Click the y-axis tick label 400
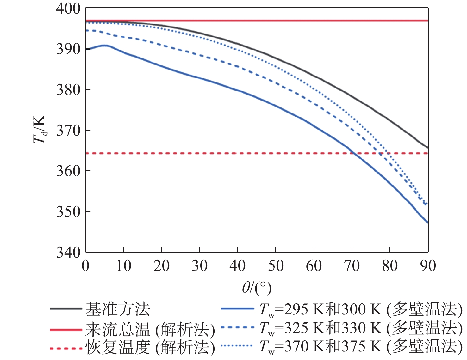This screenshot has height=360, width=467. click(x=68, y=9)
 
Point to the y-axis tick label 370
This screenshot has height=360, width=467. click(x=68, y=130)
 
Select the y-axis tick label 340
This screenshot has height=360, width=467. click(x=68, y=252)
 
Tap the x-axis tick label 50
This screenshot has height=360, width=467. click(x=276, y=266)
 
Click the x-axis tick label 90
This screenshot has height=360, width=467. click(x=428, y=266)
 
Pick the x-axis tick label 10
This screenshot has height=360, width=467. click(x=123, y=266)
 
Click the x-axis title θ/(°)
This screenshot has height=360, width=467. click(x=257, y=288)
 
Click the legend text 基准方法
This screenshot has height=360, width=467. click(x=118, y=309)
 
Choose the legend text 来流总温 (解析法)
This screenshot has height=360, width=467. click(x=150, y=330)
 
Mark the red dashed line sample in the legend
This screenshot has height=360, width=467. click(x=66, y=348)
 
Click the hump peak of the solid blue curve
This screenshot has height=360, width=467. click(x=104, y=46)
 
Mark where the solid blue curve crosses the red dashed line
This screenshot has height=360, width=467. click(x=354, y=153)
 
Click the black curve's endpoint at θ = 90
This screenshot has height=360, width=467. click(x=427, y=148)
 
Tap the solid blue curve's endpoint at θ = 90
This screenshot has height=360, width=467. click(x=427, y=223)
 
